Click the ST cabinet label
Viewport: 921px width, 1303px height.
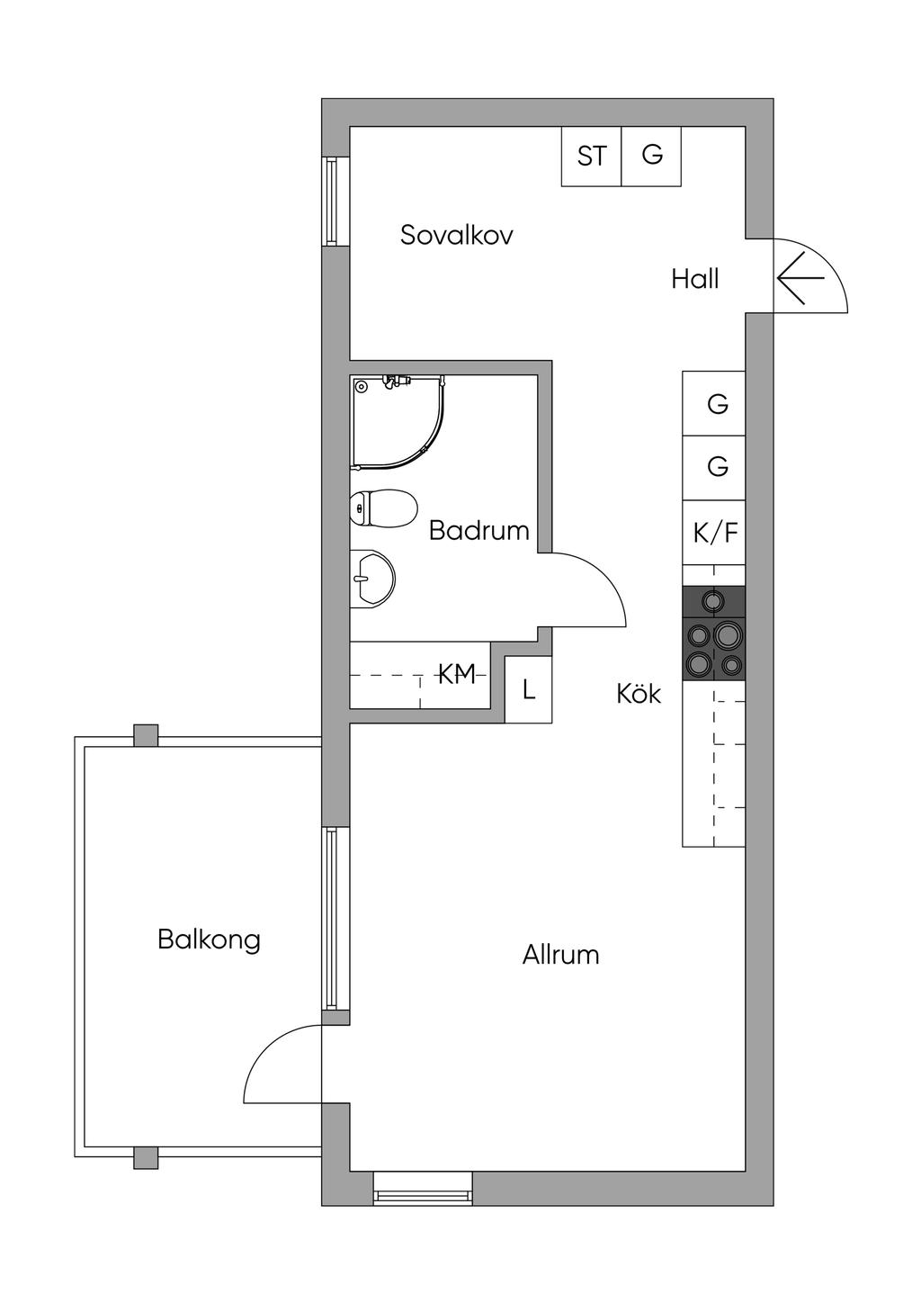(x=591, y=157)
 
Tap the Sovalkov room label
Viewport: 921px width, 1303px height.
(x=456, y=236)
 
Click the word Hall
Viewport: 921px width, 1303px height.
(x=694, y=279)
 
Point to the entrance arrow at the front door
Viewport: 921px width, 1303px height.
(x=800, y=278)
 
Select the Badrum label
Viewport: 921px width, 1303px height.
(x=478, y=530)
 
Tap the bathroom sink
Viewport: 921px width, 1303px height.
(x=372, y=577)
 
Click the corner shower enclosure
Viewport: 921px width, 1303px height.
(x=396, y=420)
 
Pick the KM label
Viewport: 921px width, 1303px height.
(x=456, y=674)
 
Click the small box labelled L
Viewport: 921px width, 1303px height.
(x=528, y=690)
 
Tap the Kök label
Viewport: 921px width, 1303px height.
(x=639, y=694)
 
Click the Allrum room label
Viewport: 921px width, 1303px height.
(x=560, y=955)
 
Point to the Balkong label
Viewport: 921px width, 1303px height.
(x=209, y=939)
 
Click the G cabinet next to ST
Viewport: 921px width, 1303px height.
(x=651, y=156)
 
